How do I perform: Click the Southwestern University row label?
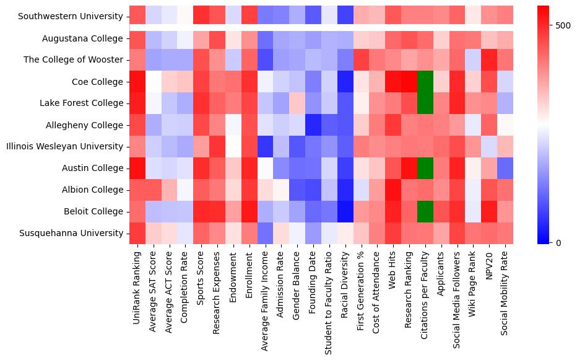pyautogui.click(x=71, y=17)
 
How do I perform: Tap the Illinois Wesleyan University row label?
pyautogui.click(x=64, y=146)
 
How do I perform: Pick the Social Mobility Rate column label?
pyautogui.click(x=505, y=291)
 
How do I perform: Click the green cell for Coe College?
pyautogui.click(x=425, y=82)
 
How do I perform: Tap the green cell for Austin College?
pyautogui.click(x=425, y=168)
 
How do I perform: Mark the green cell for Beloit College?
pyautogui.click(x=425, y=211)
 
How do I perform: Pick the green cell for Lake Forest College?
pyautogui.click(x=425, y=103)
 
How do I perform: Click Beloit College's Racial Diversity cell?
pyautogui.click(x=345, y=211)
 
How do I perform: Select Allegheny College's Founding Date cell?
pyautogui.click(x=313, y=125)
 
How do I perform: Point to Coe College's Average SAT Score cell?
pyautogui.click(x=154, y=82)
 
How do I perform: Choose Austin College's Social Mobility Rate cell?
pyautogui.click(x=505, y=168)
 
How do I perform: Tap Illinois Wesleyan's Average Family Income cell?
pyautogui.click(x=265, y=146)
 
